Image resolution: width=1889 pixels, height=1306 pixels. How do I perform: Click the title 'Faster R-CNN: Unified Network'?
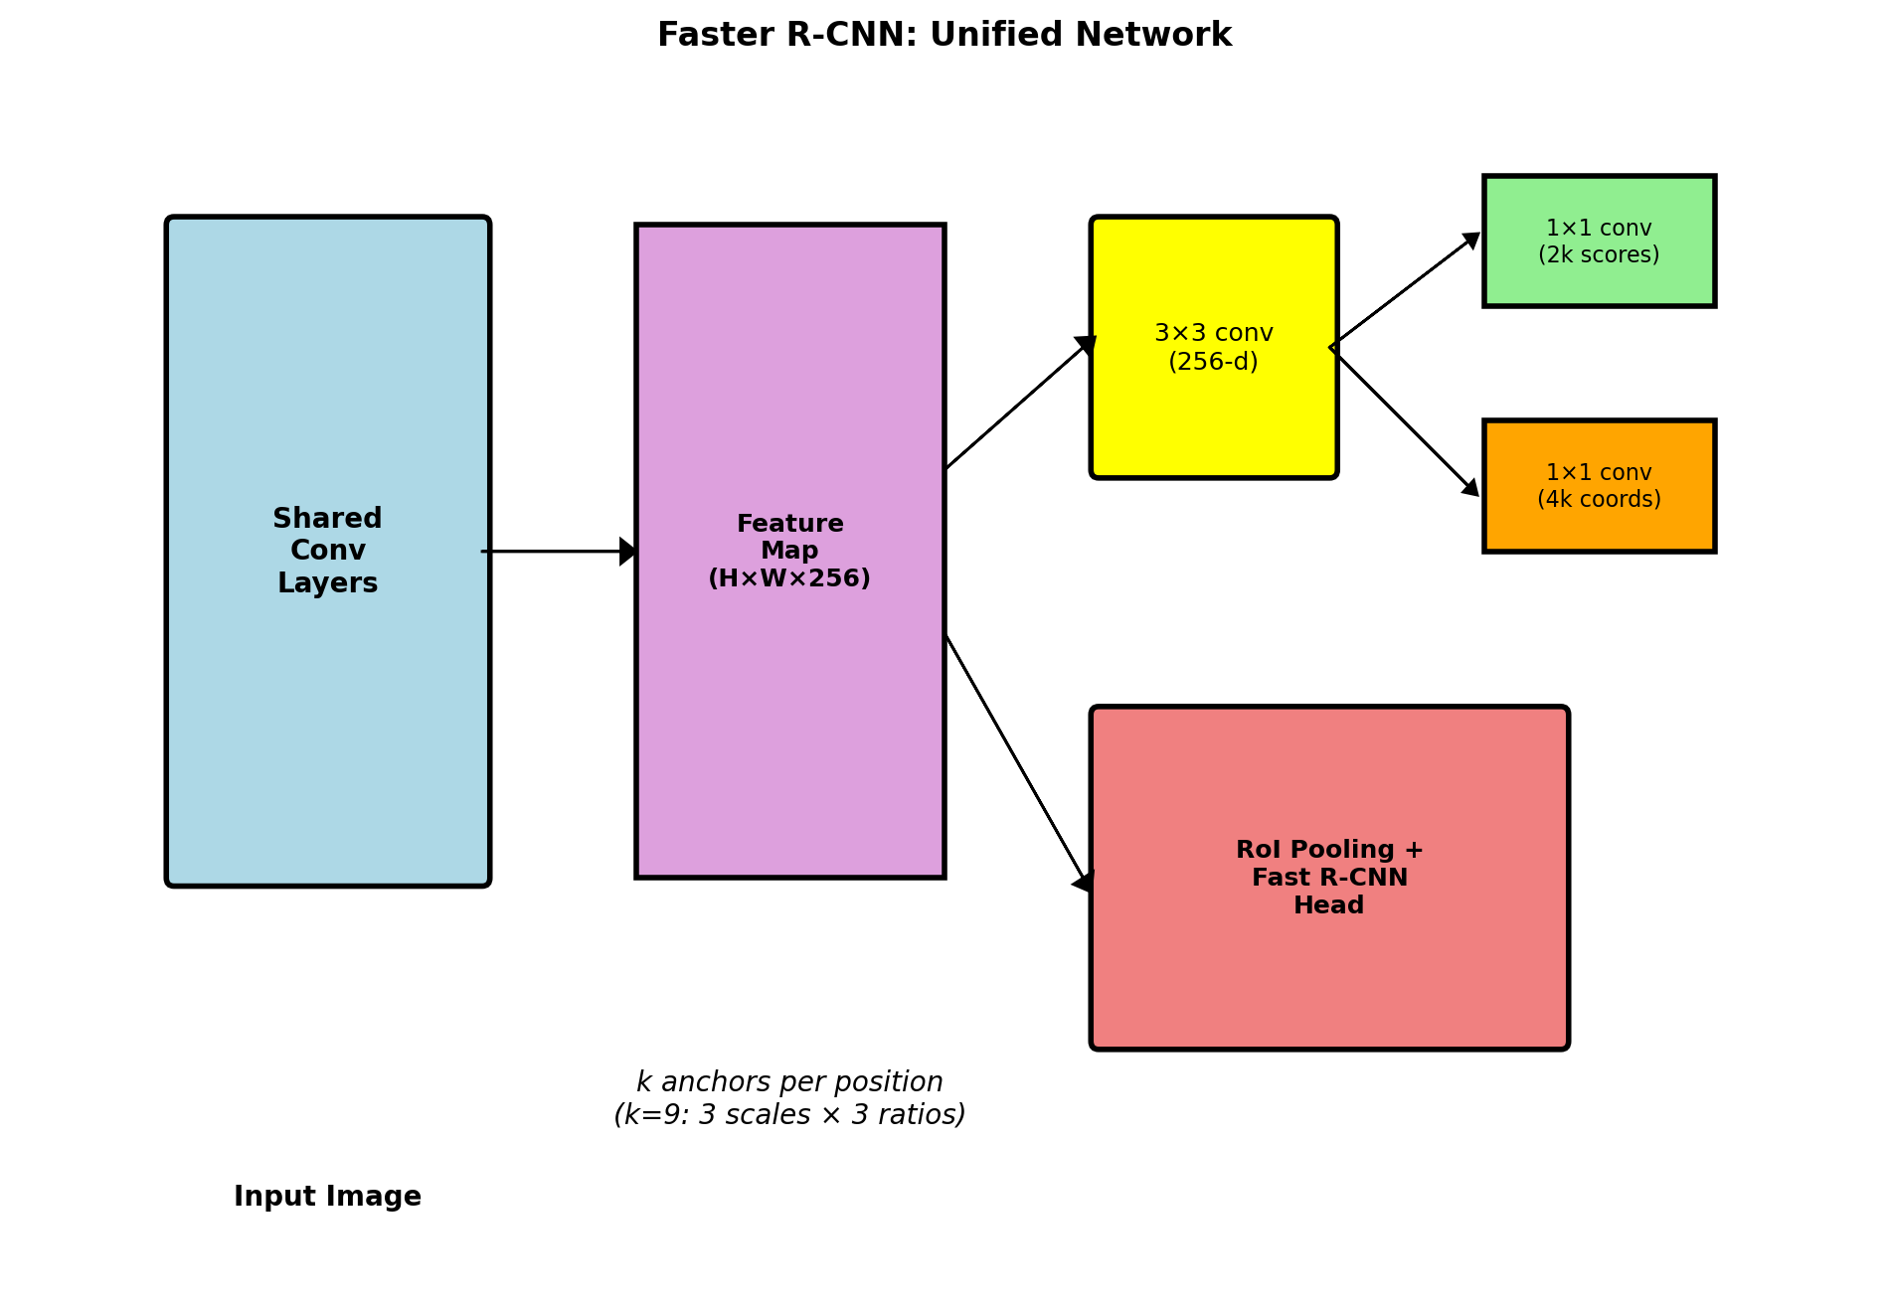[944, 35]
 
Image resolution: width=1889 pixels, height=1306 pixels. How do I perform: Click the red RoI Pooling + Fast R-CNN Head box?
[1329, 974]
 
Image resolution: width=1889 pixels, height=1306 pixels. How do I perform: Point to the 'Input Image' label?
[327, 1196]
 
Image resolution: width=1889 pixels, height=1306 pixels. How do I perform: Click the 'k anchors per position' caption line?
[789, 1081]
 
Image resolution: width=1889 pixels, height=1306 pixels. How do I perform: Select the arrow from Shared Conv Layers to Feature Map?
[557, 551]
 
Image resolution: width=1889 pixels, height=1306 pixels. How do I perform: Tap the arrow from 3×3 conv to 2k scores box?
[1404, 290]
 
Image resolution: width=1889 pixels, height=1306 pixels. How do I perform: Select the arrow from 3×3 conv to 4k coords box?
[1404, 421]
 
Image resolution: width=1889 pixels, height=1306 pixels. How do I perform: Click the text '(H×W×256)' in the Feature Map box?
[789, 577]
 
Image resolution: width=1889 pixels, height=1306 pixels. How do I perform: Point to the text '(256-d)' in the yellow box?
[1213, 361]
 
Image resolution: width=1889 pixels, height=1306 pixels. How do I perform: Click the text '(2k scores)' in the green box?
[1599, 254]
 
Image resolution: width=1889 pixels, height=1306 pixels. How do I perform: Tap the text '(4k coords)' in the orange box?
[1599, 499]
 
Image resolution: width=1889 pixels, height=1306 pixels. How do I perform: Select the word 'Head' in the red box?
[1328, 905]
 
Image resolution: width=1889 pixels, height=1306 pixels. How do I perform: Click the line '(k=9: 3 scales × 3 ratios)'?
[789, 1114]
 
